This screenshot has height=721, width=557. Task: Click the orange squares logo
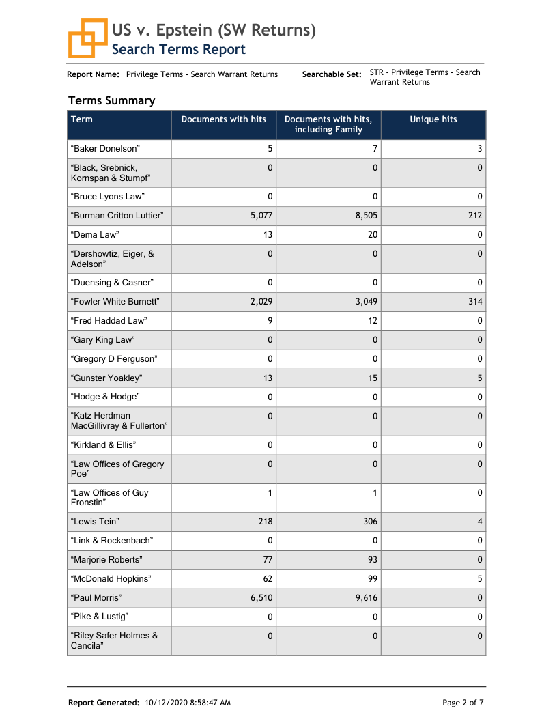[87, 38]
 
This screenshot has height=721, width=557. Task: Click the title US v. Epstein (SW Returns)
[214, 30]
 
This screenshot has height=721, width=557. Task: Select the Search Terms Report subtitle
[178, 49]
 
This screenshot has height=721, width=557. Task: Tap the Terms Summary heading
[111, 100]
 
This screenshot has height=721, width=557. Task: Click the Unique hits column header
[433, 119]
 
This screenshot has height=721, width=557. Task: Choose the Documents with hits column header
[223, 119]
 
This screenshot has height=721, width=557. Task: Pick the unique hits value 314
[475, 302]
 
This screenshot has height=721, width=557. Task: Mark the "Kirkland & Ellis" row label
[103, 445]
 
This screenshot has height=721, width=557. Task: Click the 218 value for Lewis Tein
[265, 522]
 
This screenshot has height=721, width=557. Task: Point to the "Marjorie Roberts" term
[106, 560]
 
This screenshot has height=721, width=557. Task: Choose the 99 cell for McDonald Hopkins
[372, 579]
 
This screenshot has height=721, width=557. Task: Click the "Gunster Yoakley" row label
[106, 378]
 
